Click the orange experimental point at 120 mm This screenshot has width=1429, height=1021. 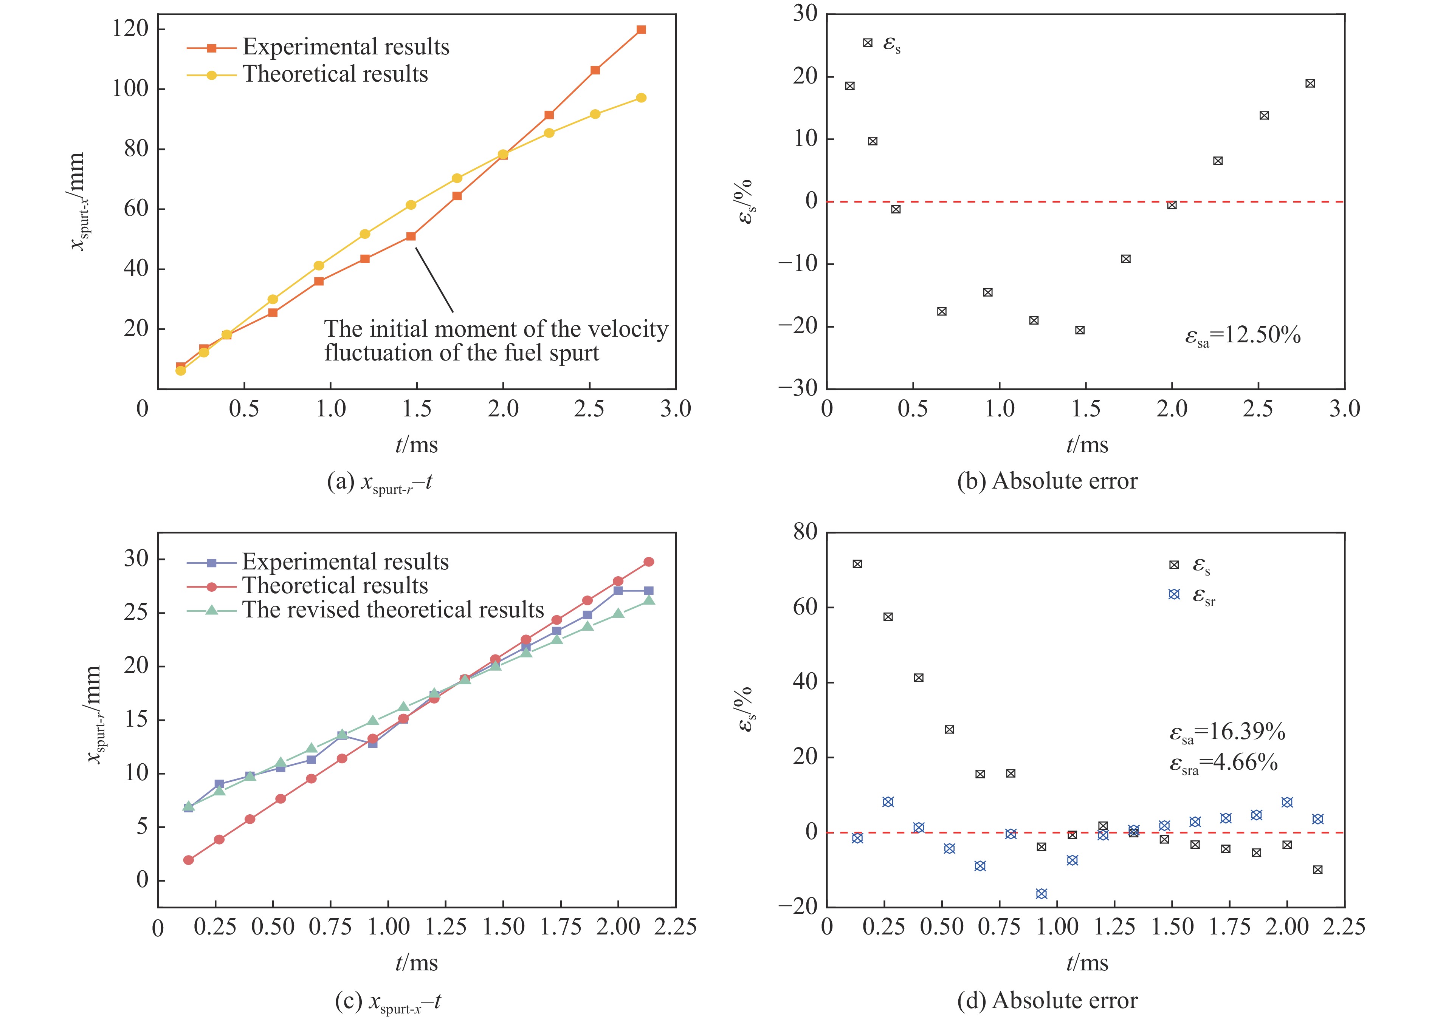[x=641, y=29]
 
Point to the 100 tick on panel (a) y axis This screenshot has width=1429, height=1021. [x=130, y=89]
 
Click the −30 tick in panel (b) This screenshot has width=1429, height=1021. [x=798, y=388]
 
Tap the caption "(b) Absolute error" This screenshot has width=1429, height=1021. [x=1047, y=481]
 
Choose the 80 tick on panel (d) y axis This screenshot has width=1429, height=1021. [x=805, y=532]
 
